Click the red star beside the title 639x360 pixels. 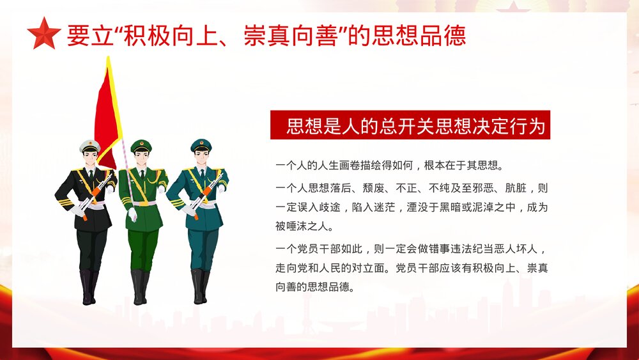click(44, 34)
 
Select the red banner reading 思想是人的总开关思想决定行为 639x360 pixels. click(410, 125)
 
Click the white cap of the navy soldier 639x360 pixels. click(90, 146)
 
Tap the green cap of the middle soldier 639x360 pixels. click(141, 146)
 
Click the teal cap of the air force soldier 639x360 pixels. click(201, 145)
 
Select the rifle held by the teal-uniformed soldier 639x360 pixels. click(202, 196)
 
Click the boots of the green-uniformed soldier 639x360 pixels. click(139, 286)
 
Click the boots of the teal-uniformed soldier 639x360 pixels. click(199, 286)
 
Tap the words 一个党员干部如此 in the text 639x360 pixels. click(317, 249)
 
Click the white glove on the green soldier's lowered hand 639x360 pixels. click(132, 215)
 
